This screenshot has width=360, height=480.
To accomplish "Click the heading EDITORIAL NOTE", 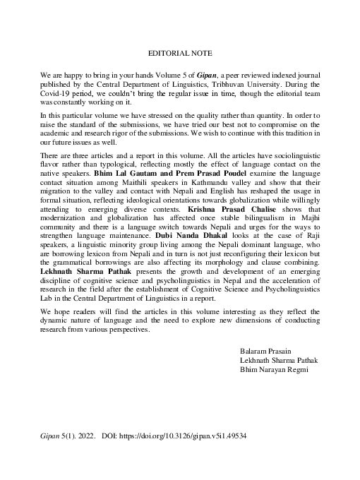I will (x=180, y=53).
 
